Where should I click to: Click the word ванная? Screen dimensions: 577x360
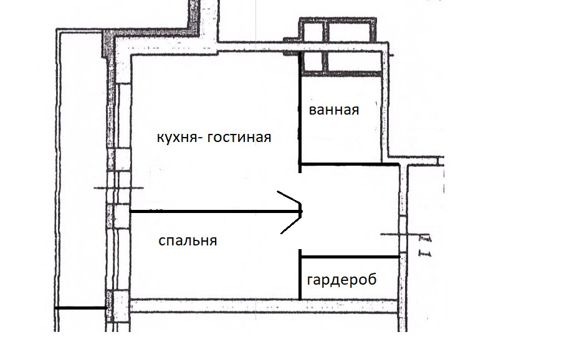[x=334, y=111]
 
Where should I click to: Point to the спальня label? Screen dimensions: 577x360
[x=188, y=241]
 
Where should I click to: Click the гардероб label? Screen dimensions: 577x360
[x=342, y=280]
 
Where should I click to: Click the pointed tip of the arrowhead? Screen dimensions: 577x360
[x=302, y=212]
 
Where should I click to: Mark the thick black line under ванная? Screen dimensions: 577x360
[x=349, y=164]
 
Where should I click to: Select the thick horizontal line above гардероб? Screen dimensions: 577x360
[x=349, y=257]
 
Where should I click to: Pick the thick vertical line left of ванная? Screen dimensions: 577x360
[x=300, y=112]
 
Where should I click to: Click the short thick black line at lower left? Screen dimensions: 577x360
[x=80, y=308]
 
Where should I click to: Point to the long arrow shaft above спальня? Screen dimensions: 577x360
[x=212, y=212]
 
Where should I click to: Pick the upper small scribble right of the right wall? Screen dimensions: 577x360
[x=426, y=239]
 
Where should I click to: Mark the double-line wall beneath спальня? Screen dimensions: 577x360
[x=262, y=306]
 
